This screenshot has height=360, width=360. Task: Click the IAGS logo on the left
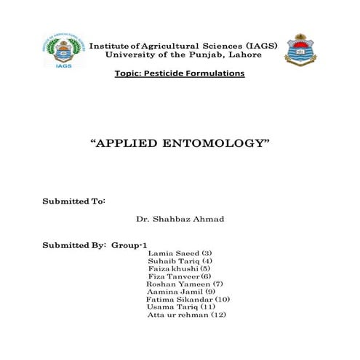[x=63, y=49]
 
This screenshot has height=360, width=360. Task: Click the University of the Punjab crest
[x=300, y=49]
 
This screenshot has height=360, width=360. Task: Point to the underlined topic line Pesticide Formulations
[x=179, y=74]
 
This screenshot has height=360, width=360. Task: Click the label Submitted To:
[x=74, y=200]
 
